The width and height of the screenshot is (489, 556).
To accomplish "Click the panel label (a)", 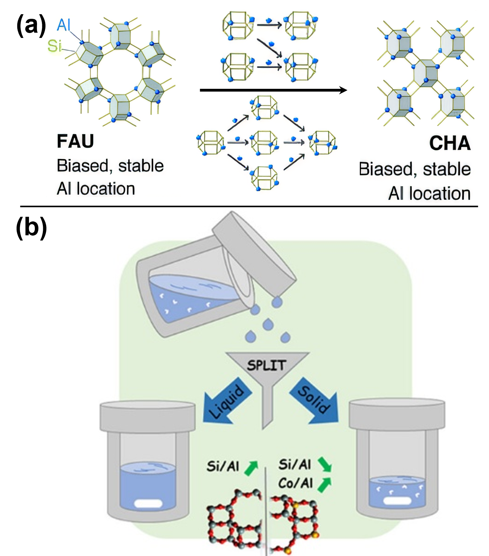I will [31, 26].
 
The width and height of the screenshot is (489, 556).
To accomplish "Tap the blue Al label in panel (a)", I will [64, 25].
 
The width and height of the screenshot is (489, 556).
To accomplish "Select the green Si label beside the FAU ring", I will [54, 46].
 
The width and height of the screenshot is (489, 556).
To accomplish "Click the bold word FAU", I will [75, 141].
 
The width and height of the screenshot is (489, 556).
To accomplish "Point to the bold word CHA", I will [450, 143].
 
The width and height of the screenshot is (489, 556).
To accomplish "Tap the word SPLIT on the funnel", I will [267, 365].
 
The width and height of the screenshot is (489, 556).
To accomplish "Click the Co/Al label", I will [296, 483].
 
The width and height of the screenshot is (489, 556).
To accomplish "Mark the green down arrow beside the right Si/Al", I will [325, 464].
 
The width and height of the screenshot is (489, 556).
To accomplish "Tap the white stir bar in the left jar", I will [148, 504].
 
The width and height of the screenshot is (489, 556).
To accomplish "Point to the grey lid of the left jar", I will [148, 416].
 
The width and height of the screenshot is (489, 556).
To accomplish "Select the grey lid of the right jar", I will [397, 414].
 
